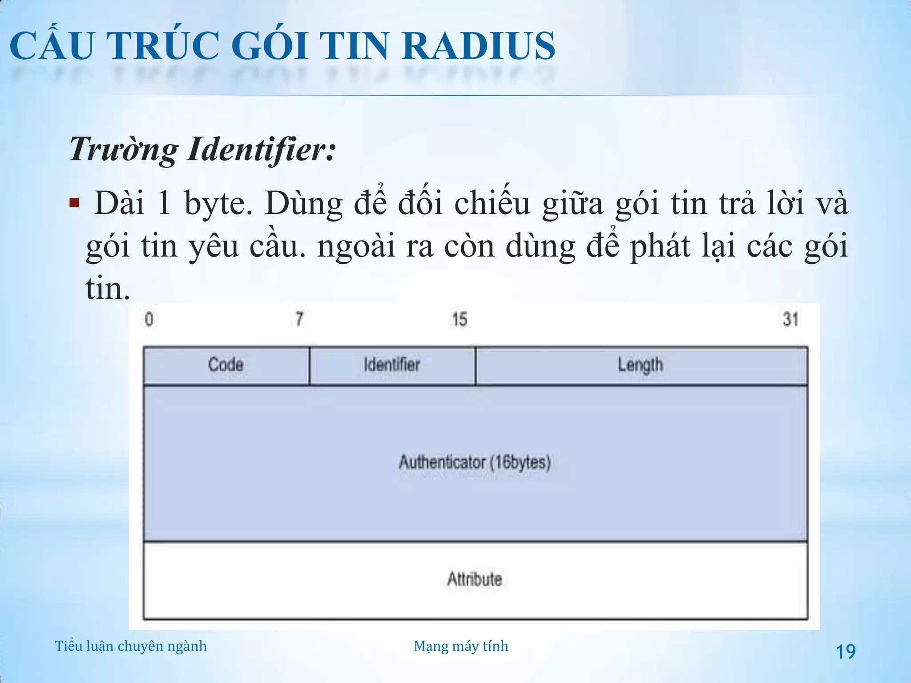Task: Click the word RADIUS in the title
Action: tap(478, 46)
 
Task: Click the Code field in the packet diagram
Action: tap(226, 365)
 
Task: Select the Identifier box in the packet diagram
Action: tap(392, 365)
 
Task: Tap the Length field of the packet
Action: tap(641, 365)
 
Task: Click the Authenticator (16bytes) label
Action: tap(475, 462)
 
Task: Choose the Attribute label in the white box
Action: tap(475, 579)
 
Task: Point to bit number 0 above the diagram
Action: tap(149, 319)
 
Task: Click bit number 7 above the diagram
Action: tap(299, 319)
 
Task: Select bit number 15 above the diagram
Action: tap(460, 319)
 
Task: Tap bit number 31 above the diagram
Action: tap(790, 319)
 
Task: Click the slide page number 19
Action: tap(846, 652)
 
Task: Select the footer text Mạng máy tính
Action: tap(461, 646)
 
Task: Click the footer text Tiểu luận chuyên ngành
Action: tap(131, 646)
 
